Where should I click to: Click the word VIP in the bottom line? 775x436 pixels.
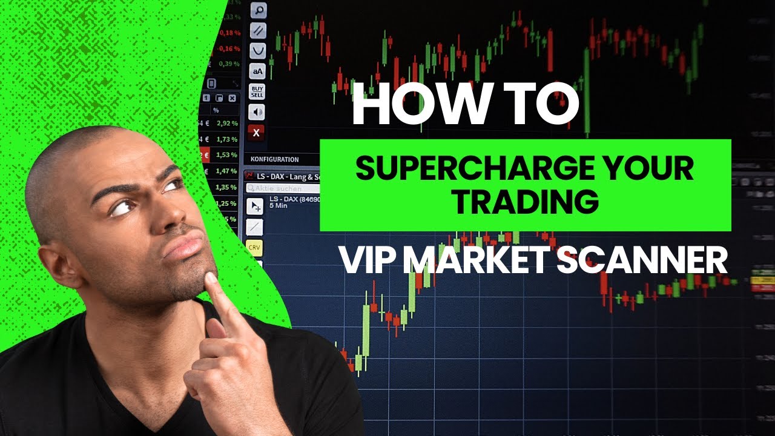pos(364,260)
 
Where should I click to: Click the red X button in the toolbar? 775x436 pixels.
pos(257,133)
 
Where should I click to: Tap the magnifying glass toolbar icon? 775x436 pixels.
pos(258,10)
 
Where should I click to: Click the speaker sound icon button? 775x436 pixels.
pos(257,112)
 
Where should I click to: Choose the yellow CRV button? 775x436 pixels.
pos(254,247)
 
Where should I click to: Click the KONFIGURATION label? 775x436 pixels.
pos(274,160)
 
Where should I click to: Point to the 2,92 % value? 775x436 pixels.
pos(228,123)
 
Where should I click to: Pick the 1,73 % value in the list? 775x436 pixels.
pos(228,139)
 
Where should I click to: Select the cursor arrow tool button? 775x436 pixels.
pos(254,206)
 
